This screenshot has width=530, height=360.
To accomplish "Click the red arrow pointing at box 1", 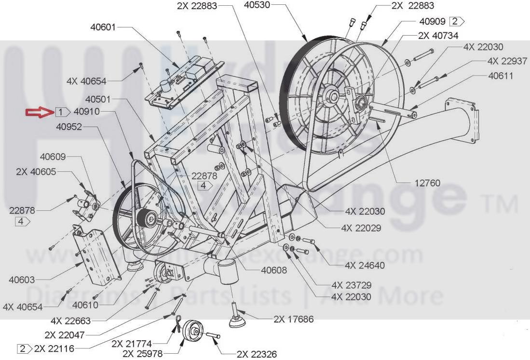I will [40, 113].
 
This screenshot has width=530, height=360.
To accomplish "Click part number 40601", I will [103, 27].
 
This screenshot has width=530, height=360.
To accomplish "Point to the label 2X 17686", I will [293, 319].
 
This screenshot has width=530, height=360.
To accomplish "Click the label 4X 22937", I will [507, 61].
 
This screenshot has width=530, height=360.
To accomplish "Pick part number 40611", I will [501, 76].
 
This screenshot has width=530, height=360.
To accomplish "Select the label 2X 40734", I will [438, 36].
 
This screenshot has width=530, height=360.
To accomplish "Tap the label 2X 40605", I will [36, 172].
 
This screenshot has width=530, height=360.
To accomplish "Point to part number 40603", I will [22, 280].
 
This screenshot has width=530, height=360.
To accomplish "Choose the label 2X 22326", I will [257, 355].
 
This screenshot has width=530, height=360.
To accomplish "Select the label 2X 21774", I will [132, 344].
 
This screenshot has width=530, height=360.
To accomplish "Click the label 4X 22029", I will [361, 228].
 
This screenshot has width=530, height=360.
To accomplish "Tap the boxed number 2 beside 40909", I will [455, 21].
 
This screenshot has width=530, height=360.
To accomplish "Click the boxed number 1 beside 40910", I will [61, 113].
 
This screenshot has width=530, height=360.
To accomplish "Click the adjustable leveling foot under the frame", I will [237, 318].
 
